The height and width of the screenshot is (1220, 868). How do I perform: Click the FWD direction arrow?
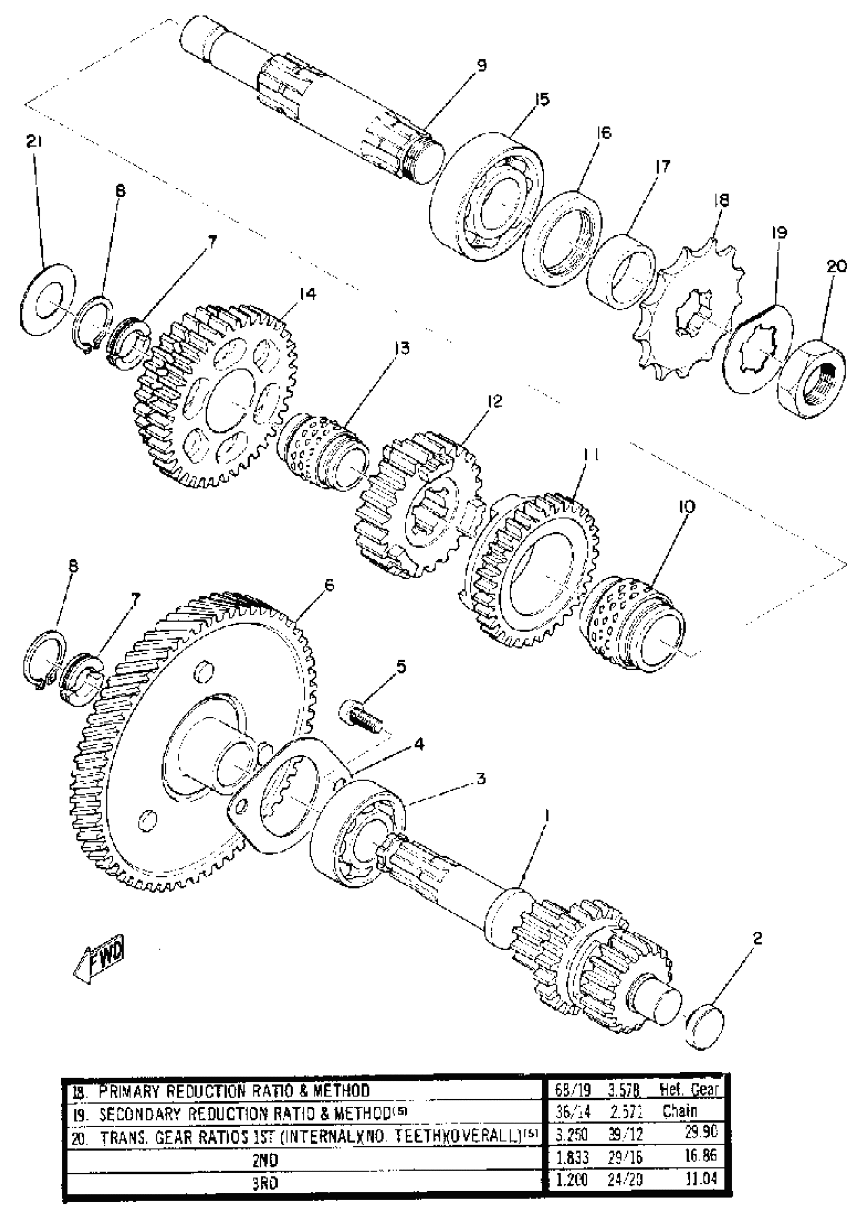pyautogui.click(x=101, y=961)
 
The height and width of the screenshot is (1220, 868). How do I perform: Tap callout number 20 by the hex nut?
pyautogui.click(x=836, y=265)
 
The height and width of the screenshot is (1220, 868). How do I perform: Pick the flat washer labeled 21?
pyautogui.click(x=47, y=299)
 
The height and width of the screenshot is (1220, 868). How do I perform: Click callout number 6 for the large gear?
pyautogui.click(x=329, y=585)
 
